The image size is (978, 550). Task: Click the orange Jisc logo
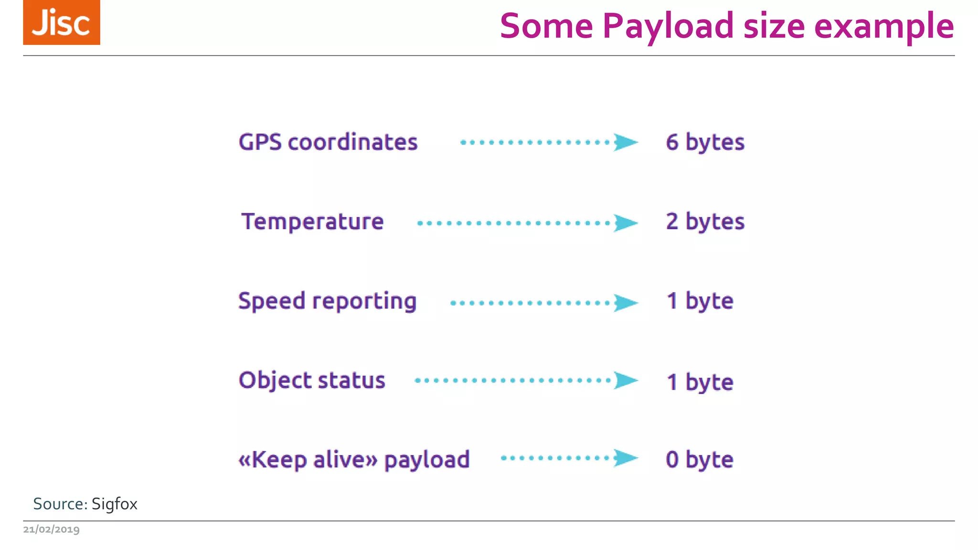[x=62, y=22]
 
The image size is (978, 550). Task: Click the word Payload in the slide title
[x=668, y=26]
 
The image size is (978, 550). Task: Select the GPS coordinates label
[x=328, y=142]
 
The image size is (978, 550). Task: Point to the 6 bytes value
[x=705, y=142]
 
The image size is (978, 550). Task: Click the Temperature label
[x=312, y=222]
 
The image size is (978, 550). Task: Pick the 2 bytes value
[x=705, y=222]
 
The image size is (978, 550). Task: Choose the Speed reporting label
[x=328, y=301]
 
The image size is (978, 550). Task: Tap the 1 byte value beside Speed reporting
[x=700, y=301]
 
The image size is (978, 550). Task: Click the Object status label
[x=312, y=381]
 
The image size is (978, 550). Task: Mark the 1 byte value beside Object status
[x=700, y=382]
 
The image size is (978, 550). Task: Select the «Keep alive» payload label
[x=354, y=460]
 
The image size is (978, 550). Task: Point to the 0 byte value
[x=699, y=460]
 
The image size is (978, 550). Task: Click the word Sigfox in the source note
[x=115, y=504]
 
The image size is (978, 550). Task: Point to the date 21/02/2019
[x=52, y=529]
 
